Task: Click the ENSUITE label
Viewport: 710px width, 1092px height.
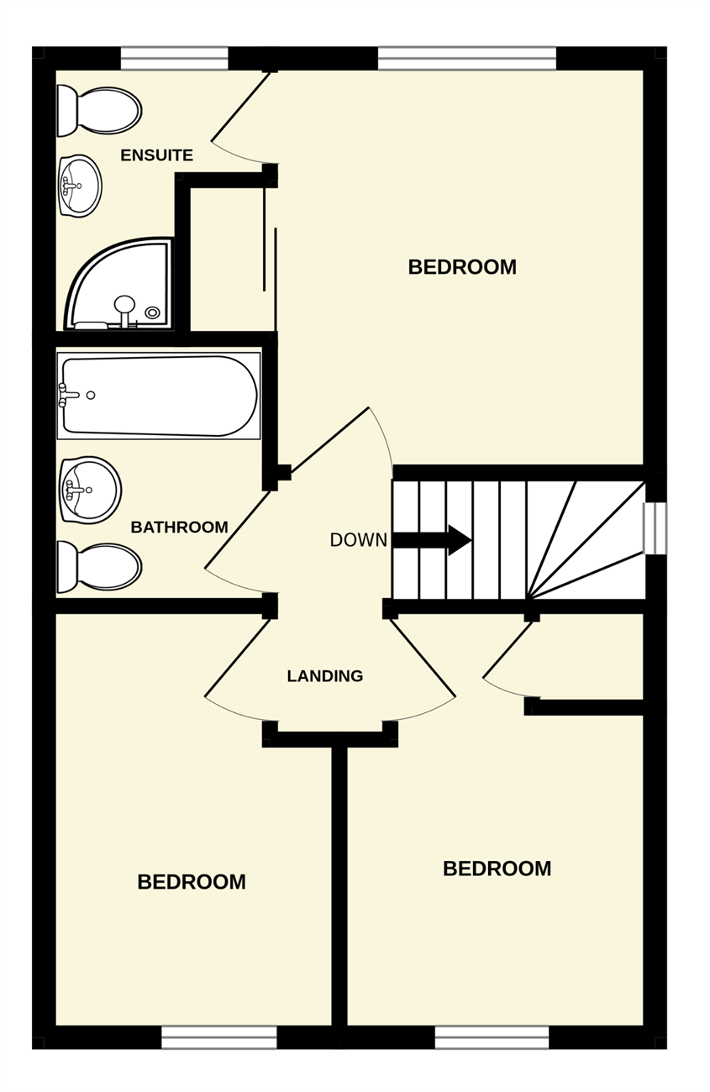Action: click(156, 155)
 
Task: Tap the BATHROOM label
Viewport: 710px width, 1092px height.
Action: click(180, 527)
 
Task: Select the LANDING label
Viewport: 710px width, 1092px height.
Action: click(325, 675)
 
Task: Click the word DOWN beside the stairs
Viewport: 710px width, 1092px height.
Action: click(359, 539)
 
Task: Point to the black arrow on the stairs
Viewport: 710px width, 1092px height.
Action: click(432, 540)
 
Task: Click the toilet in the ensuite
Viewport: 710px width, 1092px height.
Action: click(99, 111)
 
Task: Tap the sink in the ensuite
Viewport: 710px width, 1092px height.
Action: click(81, 186)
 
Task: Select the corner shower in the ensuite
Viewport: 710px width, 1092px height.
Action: click(119, 284)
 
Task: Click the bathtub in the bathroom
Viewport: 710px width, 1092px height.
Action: click(159, 396)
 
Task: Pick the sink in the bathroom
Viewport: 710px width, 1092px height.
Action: click(90, 490)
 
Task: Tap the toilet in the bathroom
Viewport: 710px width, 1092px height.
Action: click(99, 567)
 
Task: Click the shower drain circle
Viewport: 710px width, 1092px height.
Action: click(153, 312)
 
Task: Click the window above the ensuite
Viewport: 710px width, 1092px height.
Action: click(175, 59)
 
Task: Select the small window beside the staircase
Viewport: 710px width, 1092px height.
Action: click(655, 528)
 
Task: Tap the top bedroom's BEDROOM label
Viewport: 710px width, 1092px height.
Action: click(462, 267)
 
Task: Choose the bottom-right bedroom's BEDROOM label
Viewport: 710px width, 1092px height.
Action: click(497, 869)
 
